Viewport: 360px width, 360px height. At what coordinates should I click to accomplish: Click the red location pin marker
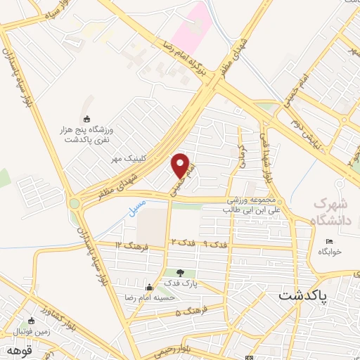181,165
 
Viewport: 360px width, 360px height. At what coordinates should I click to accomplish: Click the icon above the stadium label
86,119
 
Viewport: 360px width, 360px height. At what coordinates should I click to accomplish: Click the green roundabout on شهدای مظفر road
74,204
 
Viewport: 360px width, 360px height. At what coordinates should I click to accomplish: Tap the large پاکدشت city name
302,296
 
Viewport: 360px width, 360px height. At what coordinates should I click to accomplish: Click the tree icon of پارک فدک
181,273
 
